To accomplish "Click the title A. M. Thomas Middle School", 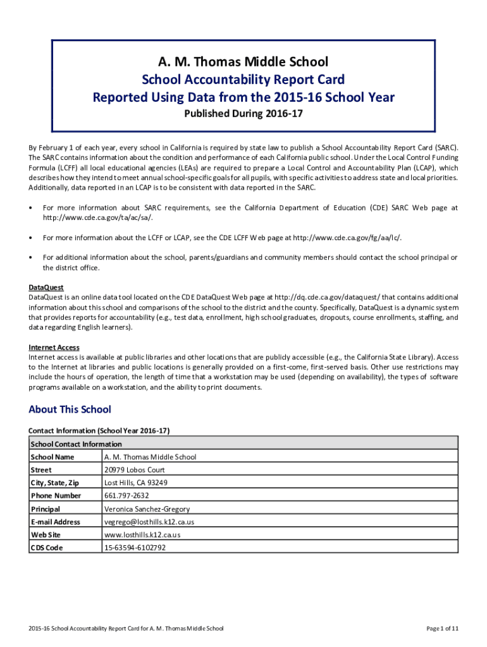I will click(x=244, y=62).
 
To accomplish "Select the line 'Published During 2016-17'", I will click(x=244, y=114).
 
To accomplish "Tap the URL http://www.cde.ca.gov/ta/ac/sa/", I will click(x=97, y=217).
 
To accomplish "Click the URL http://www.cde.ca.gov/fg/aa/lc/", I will click(x=347, y=238).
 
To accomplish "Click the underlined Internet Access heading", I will click(x=54, y=348).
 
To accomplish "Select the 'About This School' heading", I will click(x=70, y=409).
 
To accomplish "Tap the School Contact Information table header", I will click(x=76, y=444).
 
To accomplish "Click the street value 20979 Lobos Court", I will click(x=134, y=470).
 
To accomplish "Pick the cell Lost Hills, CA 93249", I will click(x=136, y=483).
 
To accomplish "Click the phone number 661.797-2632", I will click(x=126, y=496).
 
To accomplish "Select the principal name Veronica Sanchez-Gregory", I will click(x=147, y=509).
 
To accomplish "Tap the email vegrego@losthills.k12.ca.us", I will click(x=149, y=522).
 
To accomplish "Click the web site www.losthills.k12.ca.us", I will click(x=142, y=535).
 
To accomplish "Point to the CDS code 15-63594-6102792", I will click(x=135, y=548).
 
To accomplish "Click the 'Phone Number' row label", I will click(x=56, y=496).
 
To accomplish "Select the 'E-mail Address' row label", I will click(x=55, y=522).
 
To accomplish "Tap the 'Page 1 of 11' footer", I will click(x=442, y=629).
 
